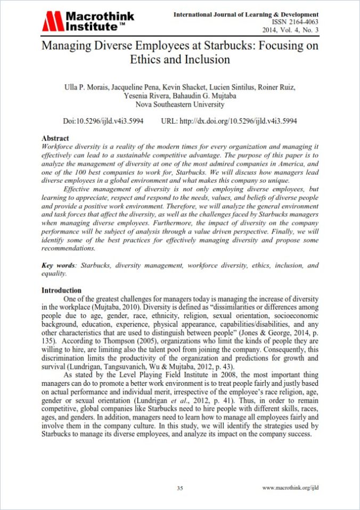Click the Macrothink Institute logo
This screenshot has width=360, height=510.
[88, 21]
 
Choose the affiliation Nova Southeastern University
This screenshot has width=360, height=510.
[180, 104]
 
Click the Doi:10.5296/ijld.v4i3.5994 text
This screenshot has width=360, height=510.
[103, 122]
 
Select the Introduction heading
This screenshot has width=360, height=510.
[61, 290]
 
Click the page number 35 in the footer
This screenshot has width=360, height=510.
[180, 488]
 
